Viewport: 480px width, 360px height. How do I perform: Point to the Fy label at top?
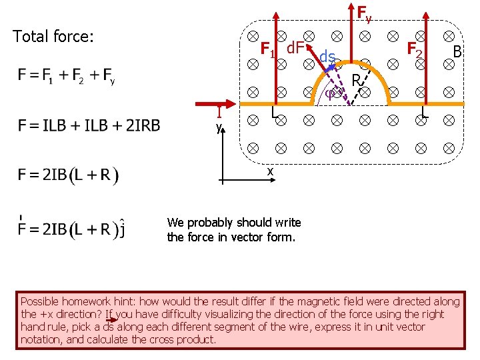point(364,13)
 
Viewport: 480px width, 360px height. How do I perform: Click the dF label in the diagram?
point(295,48)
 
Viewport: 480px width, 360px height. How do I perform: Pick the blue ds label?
point(327,57)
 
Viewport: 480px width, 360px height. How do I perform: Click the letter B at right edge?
point(458,51)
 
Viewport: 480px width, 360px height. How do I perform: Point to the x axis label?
point(270,171)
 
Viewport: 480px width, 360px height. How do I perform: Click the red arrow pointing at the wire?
point(217,104)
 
